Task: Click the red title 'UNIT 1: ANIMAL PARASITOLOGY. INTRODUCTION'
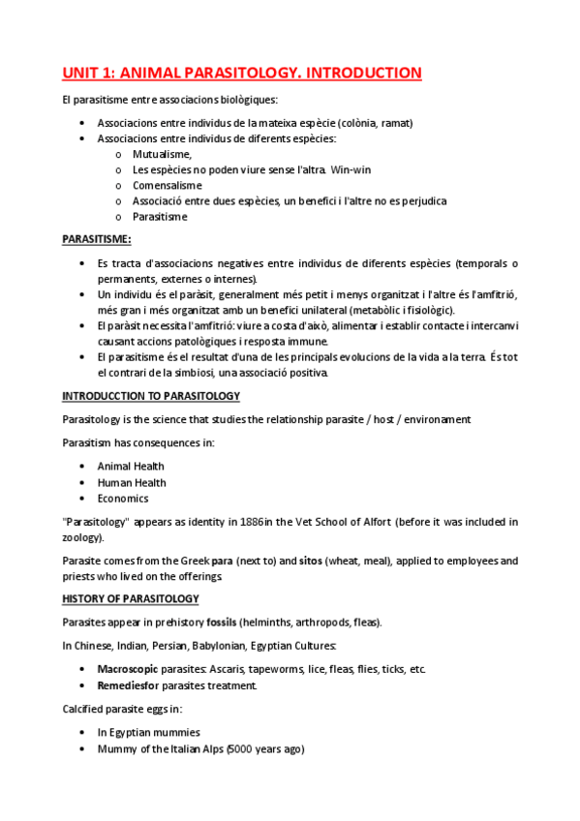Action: click(242, 73)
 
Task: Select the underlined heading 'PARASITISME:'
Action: click(97, 239)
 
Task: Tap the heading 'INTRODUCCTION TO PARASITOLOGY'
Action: click(151, 396)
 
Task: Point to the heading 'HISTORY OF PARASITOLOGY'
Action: click(130, 599)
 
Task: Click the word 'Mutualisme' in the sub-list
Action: click(162, 154)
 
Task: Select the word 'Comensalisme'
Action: click(167, 185)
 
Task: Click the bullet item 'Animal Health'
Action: click(131, 467)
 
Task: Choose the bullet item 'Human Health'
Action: click(132, 482)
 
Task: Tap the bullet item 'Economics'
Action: click(123, 499)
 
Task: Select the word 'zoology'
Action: click(81, 537)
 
